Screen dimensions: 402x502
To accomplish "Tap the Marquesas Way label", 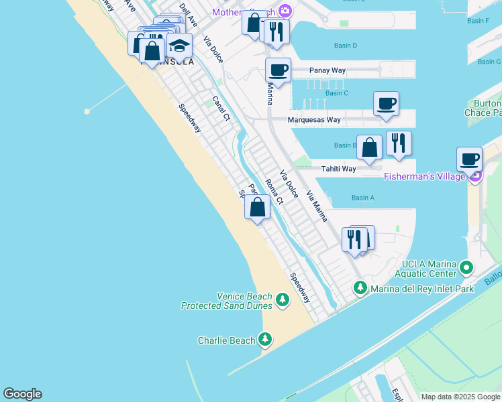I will [x=314, y=120].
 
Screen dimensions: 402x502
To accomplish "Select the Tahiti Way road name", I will [x=338, y=169].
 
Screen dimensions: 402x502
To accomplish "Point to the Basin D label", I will [x=346, y=46].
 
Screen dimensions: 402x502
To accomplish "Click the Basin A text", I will [x=362, y=198].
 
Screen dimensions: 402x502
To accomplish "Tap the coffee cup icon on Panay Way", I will [x=278, y=69].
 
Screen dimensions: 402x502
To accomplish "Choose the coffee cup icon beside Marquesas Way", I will [x=386, y=103].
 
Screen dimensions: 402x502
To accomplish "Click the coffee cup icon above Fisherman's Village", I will [x=470, y=159].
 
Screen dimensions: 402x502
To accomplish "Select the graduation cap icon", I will [x=179, y=45].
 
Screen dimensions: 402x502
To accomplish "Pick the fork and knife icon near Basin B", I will [x=399, y=143].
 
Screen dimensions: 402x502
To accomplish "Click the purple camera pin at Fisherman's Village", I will [x=475, y=176].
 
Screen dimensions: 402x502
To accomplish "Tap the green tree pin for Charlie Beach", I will [x=266, y=340].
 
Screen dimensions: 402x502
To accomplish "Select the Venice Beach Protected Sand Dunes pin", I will [x=283, y=299].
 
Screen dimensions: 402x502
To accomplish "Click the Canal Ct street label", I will [x=221, y=108].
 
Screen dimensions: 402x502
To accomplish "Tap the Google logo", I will [x=22, y=394].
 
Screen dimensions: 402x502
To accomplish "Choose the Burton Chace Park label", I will [x=484, y=109].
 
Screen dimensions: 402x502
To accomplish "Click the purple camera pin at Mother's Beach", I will [x=285, y=11].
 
